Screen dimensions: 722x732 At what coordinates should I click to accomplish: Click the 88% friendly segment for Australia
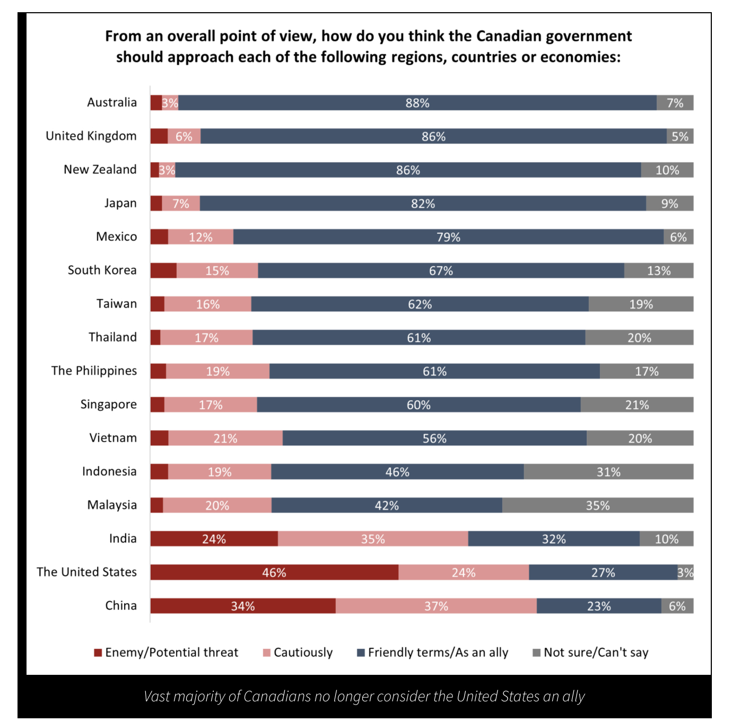tap(417, 103)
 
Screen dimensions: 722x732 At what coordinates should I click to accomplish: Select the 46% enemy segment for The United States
tap(274, 573)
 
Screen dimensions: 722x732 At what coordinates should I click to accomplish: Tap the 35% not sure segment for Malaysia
tap(598, 505)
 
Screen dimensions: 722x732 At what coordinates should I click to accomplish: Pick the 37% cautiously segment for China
tap(436, 606)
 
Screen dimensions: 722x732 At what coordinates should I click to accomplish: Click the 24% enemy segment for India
tap(214, 539)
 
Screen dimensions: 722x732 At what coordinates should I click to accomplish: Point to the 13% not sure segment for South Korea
tap(659, 270)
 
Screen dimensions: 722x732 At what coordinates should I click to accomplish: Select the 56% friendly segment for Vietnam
tap(434, 438)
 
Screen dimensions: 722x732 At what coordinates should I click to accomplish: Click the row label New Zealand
tap(100, 170)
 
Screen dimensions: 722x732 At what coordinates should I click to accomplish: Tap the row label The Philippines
tap(94, 371)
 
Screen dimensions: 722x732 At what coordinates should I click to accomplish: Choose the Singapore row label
tap(108, 404)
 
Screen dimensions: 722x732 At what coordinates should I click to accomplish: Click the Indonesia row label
tap(109, 471)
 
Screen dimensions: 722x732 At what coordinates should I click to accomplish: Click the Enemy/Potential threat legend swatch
tap(98, 653)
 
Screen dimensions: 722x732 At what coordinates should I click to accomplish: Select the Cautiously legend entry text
tap(303, 653)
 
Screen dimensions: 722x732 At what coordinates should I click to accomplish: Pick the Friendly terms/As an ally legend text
tap(438, 653)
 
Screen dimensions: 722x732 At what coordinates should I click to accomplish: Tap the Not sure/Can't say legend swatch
tap(536, 653)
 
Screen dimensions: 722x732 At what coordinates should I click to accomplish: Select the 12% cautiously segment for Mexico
tap(201, 237)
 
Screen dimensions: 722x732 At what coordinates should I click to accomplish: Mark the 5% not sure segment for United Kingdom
tap(680, 136)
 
